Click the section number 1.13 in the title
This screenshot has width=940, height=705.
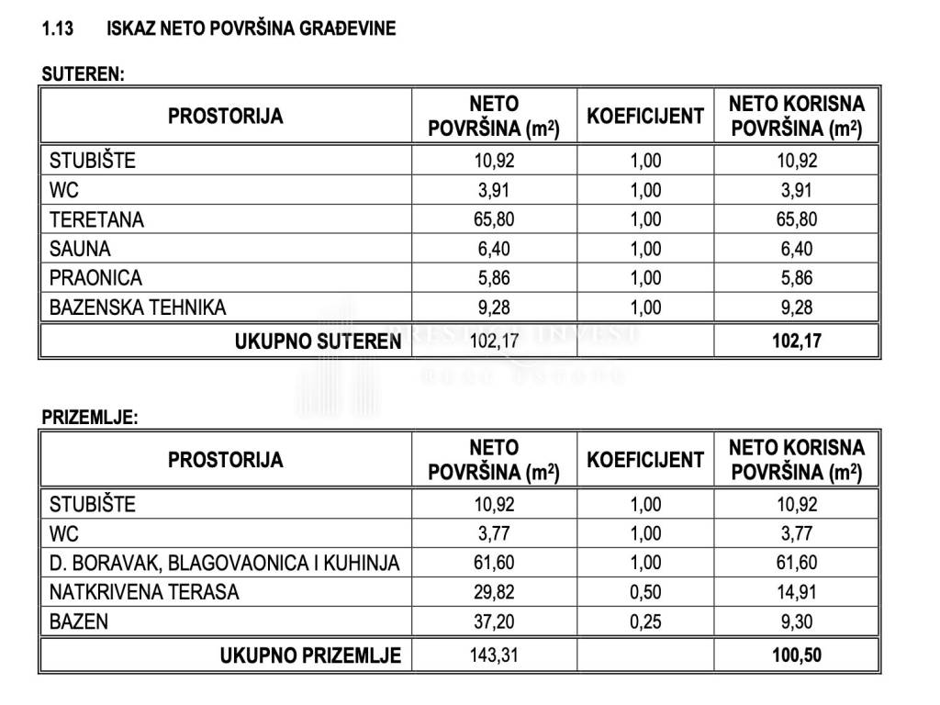(58, 28)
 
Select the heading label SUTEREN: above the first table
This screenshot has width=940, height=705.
(83, 75)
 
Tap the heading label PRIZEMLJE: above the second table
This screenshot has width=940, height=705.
(90, 418)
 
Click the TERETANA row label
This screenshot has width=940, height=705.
(96, 219)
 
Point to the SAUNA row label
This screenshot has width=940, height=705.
(80, 249)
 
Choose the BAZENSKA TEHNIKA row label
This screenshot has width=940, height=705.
(138, 308)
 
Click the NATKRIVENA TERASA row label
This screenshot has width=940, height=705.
(144, 592)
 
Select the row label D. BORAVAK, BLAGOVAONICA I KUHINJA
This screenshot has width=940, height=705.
(224, 563)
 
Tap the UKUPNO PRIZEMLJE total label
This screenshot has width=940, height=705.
(310, 655)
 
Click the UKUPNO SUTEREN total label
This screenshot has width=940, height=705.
(318, 341)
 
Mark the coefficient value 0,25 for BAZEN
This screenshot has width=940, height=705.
(645, 621)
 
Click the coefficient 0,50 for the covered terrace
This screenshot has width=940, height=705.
(645, 592)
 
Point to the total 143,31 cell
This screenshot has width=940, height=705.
(494, 655)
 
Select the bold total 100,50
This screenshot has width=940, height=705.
(797, 655)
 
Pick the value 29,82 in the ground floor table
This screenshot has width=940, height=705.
(494, 592)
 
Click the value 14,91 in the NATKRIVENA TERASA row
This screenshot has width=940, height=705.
(797, 592)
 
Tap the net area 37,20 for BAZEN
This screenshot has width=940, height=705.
(494, 621)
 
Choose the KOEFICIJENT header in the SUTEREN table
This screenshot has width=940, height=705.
(645, 117)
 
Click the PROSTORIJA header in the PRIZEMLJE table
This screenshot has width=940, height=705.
(225, 460)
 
